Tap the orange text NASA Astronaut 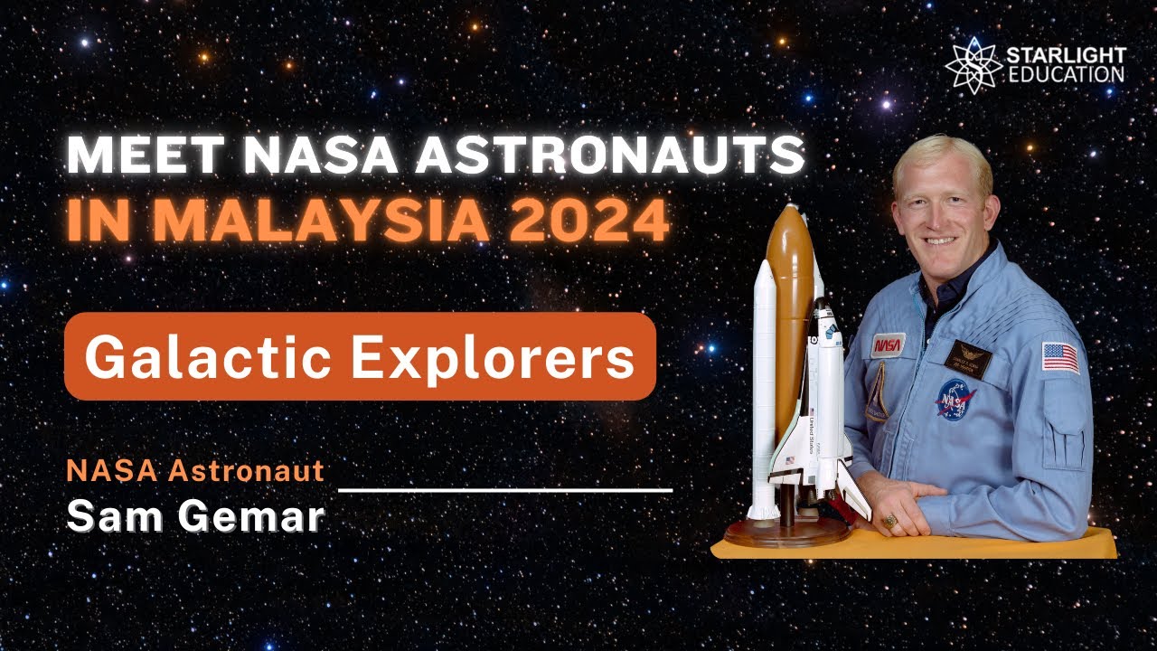[194, 471]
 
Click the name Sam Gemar [194, 516]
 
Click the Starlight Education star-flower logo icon [973, 66]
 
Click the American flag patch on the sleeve [1059, 357]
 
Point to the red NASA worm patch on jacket [888, 344]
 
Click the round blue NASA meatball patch [955, 399]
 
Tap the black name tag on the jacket [967, 358]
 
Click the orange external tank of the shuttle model [788, 298]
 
